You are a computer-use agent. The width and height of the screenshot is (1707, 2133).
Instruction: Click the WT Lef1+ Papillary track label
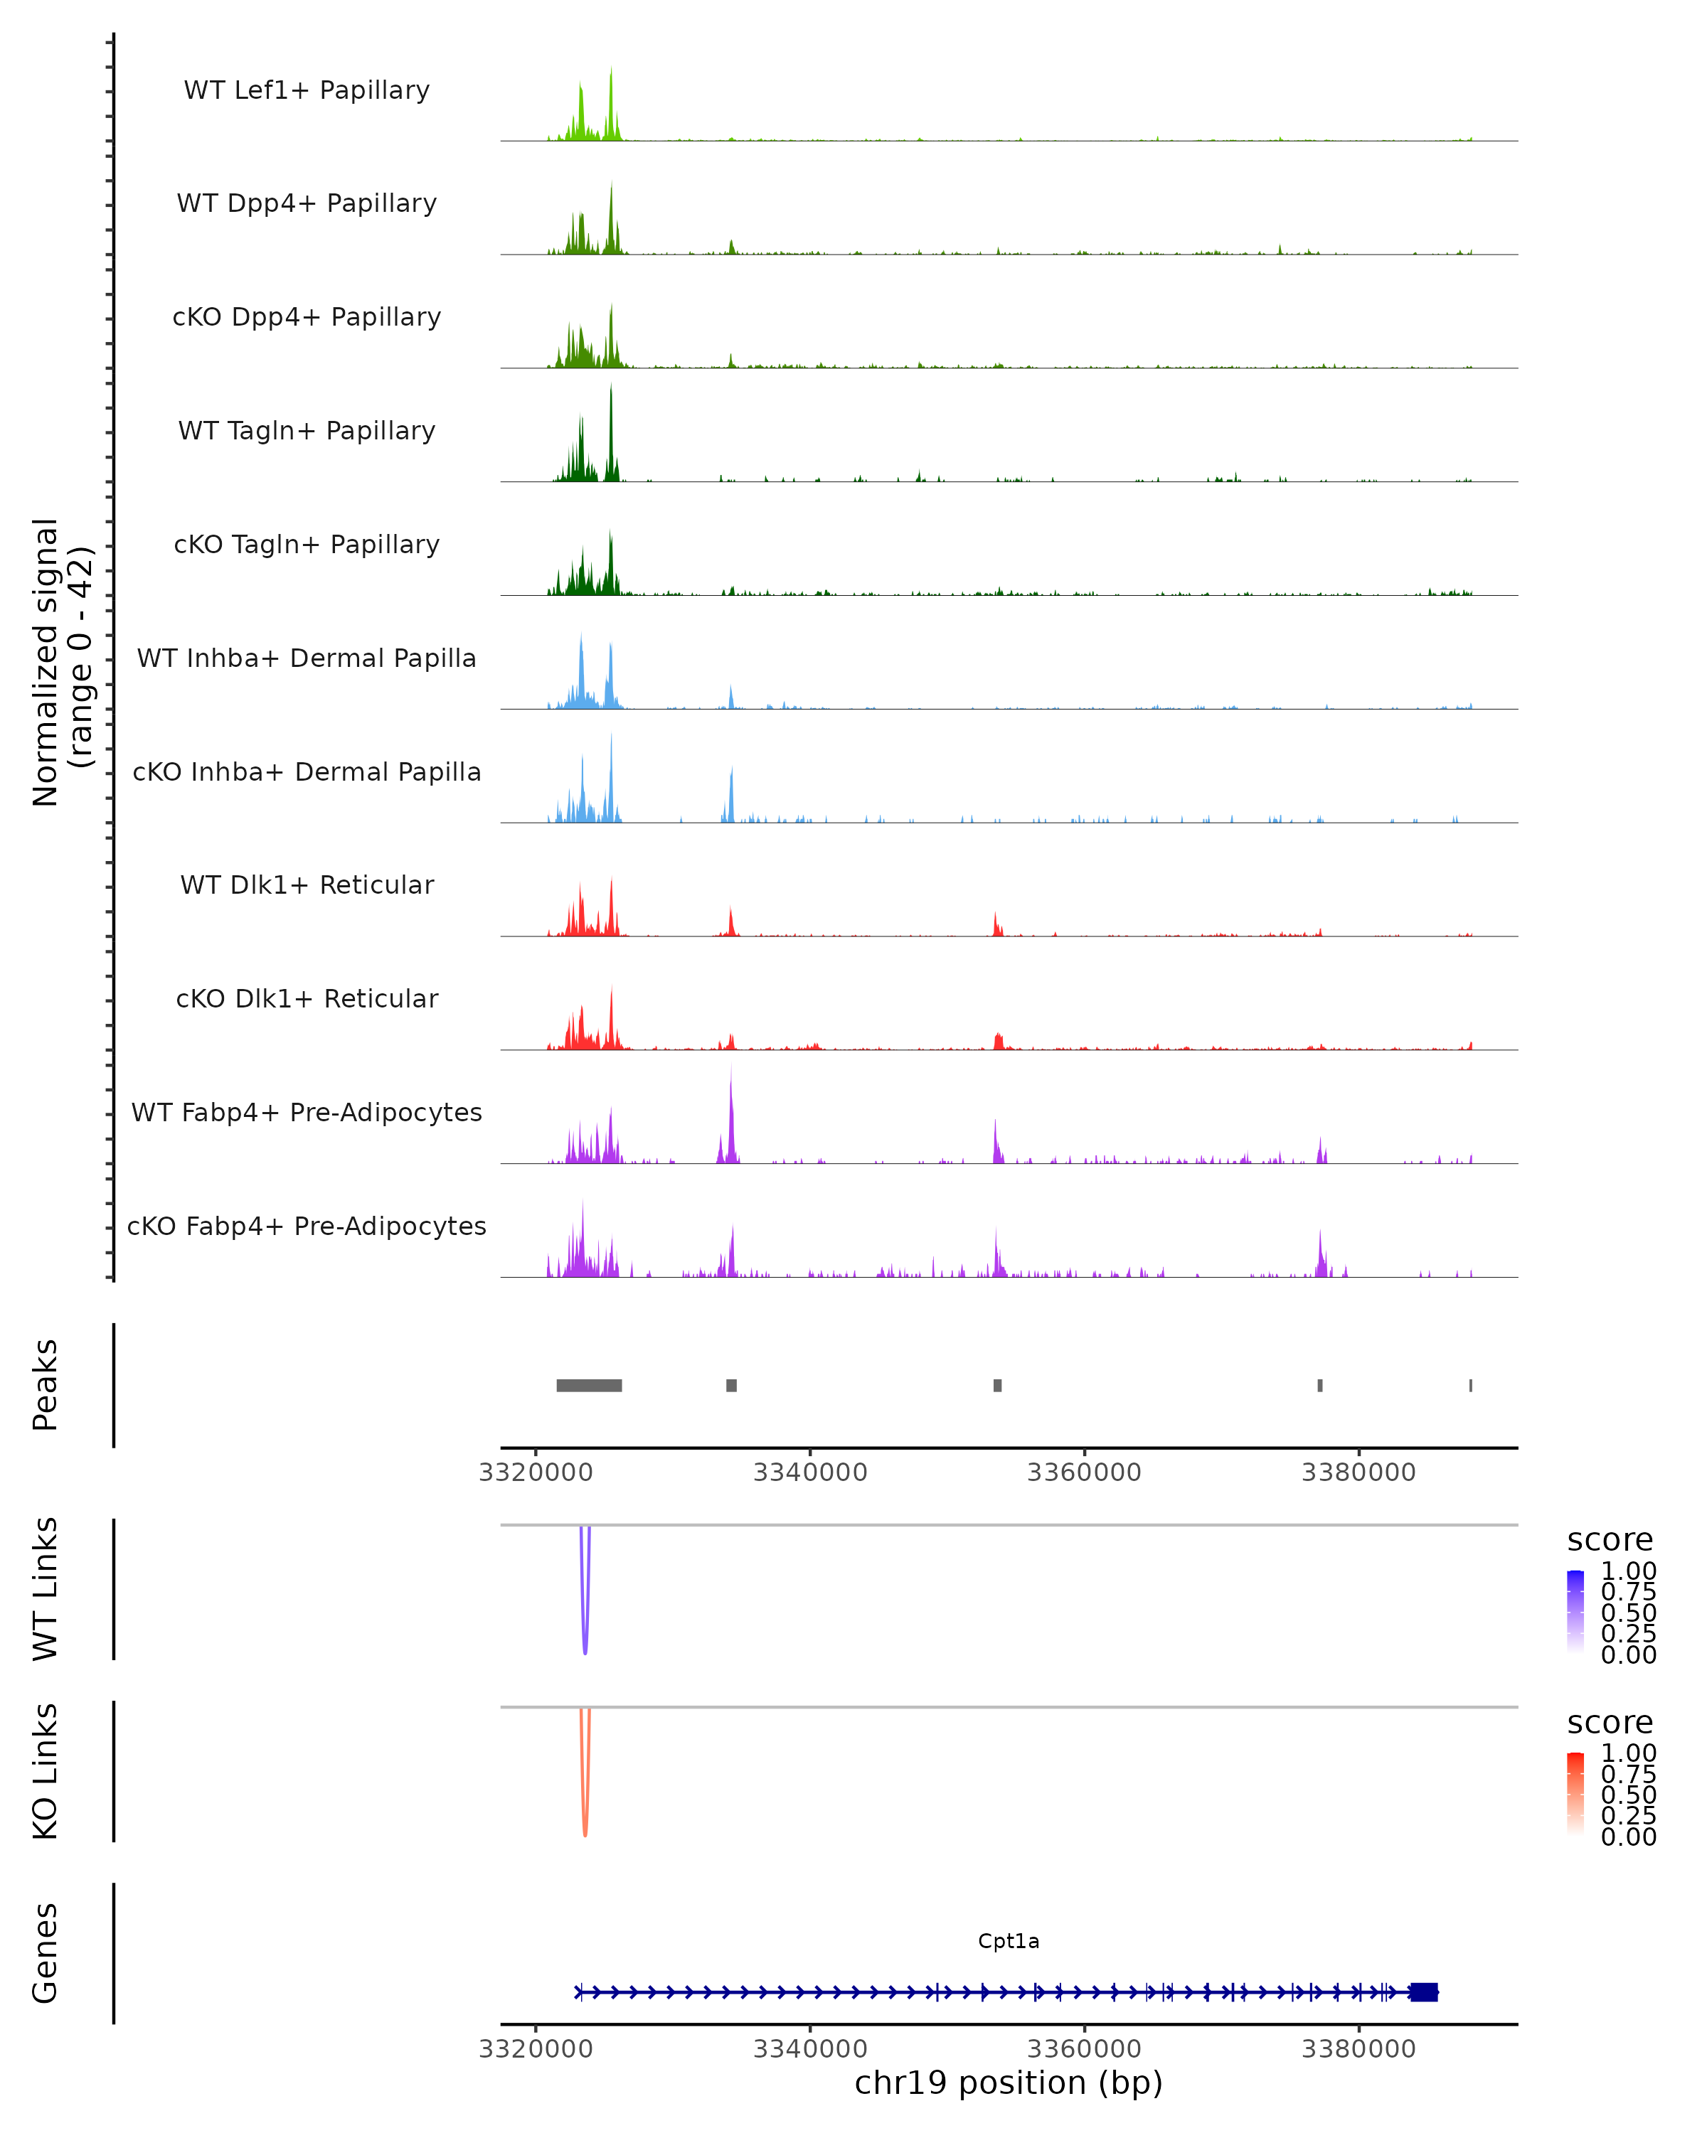point(307,90)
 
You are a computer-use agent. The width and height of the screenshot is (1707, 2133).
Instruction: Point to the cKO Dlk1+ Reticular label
point(307,998)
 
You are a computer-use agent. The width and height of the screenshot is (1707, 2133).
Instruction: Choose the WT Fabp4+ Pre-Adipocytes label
point(307,1112)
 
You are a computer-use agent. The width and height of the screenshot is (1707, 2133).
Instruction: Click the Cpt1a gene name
point(1009,1941)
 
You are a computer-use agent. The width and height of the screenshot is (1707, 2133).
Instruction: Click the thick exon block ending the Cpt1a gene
point(1423,1992)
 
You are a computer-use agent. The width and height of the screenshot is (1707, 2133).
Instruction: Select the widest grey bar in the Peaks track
point(589,1385)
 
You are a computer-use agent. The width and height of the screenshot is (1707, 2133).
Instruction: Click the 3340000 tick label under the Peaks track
point(809,1472)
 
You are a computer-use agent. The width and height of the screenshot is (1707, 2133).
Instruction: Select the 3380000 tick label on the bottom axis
point(1358,2049)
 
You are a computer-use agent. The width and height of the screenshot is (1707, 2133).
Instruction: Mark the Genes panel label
point(46,1953)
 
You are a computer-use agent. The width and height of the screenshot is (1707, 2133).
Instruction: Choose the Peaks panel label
point(46,1384)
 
